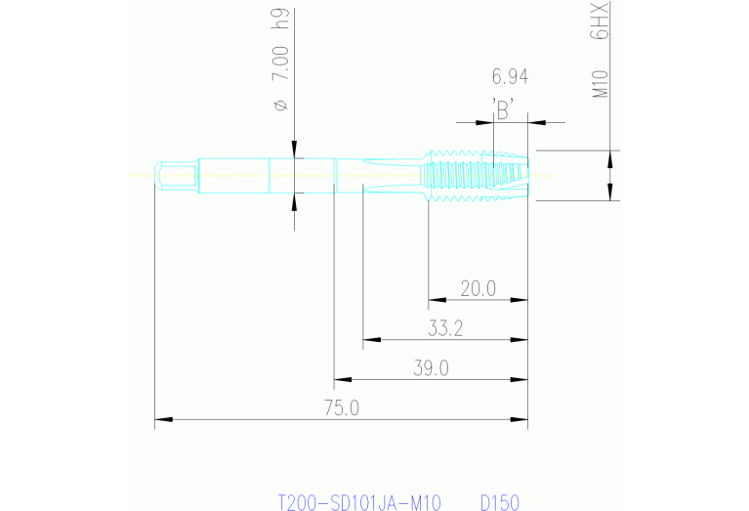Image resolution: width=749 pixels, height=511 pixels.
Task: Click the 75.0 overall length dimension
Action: point(341,408)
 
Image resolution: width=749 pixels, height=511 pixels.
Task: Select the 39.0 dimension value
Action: point(431,368)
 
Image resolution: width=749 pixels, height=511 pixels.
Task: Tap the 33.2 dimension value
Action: point(444,329)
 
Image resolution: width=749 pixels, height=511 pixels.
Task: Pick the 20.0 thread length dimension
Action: point(479,288)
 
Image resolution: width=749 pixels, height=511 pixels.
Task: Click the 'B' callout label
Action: point(504,110)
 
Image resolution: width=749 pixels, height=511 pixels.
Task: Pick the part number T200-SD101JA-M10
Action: point(359,502)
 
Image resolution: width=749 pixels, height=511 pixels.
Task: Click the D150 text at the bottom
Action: point(499,502)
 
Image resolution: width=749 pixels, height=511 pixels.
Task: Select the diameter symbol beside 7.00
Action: point(281,105)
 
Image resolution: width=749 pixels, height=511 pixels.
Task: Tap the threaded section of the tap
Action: point(474,175)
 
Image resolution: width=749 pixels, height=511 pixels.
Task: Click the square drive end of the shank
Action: point(174,176)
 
